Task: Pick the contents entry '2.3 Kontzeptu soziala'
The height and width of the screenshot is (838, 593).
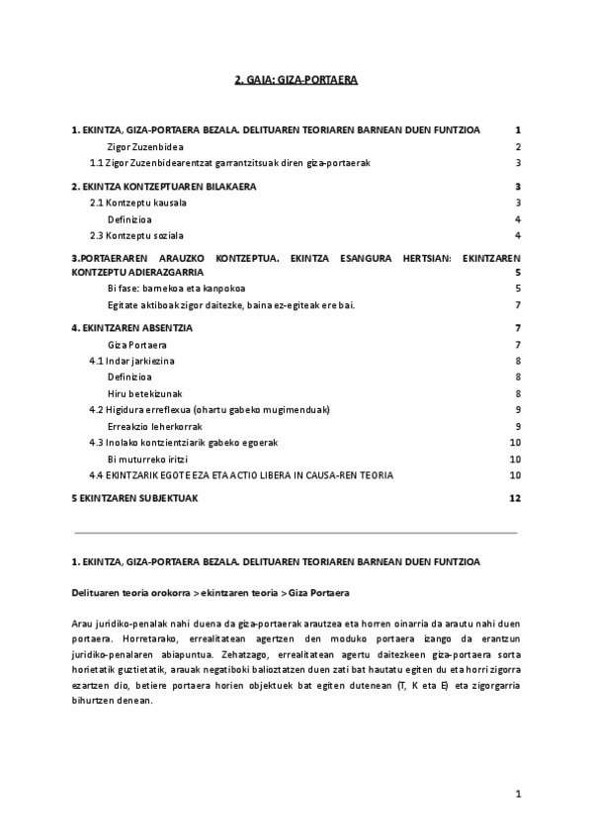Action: (134, 234)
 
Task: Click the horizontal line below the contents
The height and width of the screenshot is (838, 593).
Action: (296, 533)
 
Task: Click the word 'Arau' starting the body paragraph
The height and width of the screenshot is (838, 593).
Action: (82, 625)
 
